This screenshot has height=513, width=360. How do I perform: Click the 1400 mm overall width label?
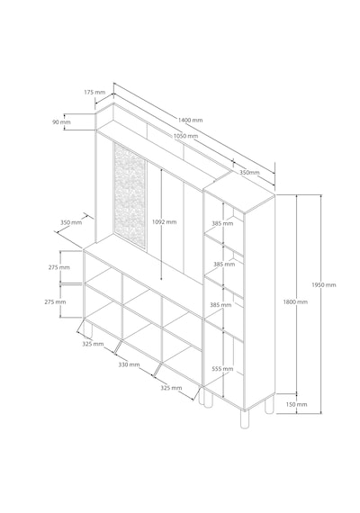coord(190,120)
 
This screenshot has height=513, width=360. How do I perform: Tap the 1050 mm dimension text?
coord(185,136)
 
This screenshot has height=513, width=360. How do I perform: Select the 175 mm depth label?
coord(94,93)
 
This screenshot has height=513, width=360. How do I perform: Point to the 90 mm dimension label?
coord(61,122)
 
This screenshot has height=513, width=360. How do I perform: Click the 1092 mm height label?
coord(165,221)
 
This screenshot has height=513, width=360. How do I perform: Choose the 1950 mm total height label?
coord(324,285)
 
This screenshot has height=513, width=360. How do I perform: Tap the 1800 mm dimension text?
coord(295,301)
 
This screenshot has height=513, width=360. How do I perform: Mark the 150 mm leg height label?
coord(296,404)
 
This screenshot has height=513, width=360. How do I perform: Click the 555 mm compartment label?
coord(222,369)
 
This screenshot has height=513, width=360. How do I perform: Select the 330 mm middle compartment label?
coord(129,364)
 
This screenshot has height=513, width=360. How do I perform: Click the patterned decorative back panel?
coord(130,195)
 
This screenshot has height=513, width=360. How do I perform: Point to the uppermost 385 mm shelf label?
coord(222,223)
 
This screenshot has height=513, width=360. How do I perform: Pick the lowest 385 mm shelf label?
coord(220,305)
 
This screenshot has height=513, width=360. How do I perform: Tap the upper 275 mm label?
coord(59,267)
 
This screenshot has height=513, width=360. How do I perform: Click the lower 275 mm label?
coord(55,301)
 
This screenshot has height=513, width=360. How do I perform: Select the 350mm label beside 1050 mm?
coord(249,173)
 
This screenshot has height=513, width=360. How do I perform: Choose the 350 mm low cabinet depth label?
coord(71,222)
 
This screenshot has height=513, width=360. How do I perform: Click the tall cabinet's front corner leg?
coord(244,419)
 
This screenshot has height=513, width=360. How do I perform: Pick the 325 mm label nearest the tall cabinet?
coord(171,388)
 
